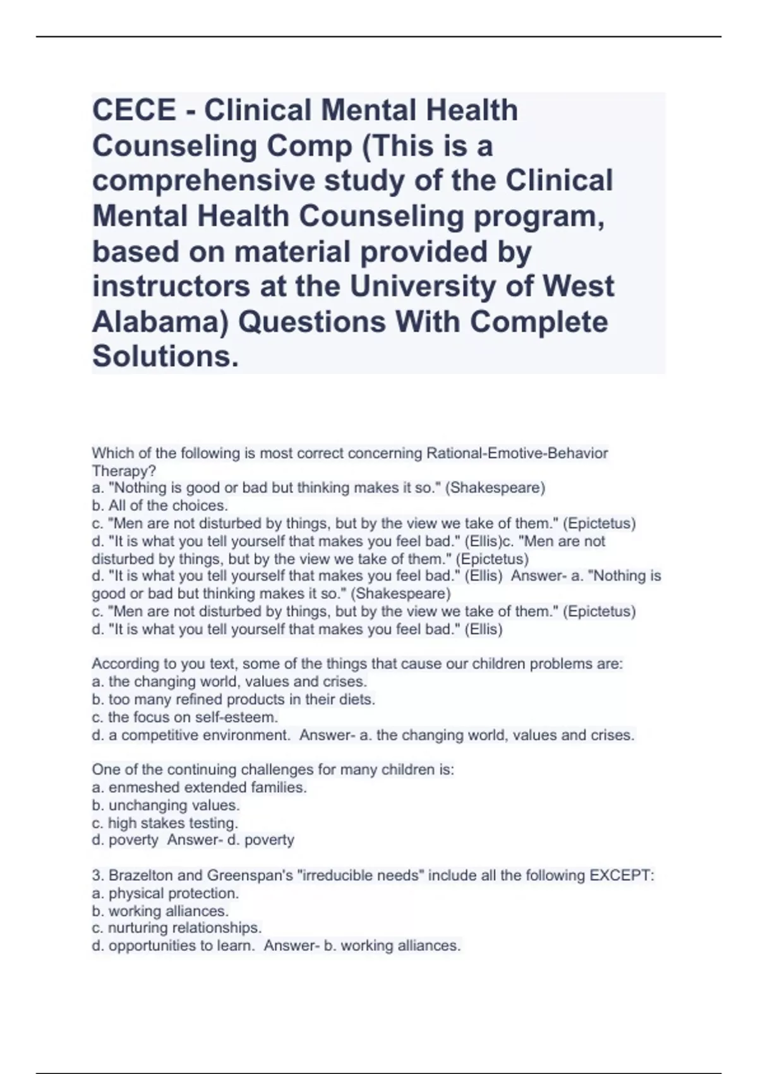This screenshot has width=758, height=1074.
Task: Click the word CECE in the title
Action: tap(135, 111)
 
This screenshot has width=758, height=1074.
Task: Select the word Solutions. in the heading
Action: tap(166, 356)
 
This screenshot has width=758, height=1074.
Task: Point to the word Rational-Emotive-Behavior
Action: tap(517, 453)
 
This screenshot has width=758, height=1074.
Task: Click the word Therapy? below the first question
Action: tap(124, 471)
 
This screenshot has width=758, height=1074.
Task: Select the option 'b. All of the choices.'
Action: tap(160, 505)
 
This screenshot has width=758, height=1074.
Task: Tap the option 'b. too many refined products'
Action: tap(234, 699)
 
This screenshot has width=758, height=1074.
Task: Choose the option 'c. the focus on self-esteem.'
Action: tap(185, 717)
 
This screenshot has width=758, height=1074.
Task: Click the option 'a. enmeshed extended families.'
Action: tap(200, 787)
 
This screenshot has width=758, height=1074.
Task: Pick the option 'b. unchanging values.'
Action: tap(166, 805)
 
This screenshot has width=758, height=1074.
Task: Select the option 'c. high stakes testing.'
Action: tap(165, 823)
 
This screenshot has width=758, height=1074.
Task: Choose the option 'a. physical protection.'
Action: tap(165, 893)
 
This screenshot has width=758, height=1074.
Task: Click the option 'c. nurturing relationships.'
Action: tap(177, 927)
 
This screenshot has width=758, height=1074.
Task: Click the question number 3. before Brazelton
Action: tap(98, 875)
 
